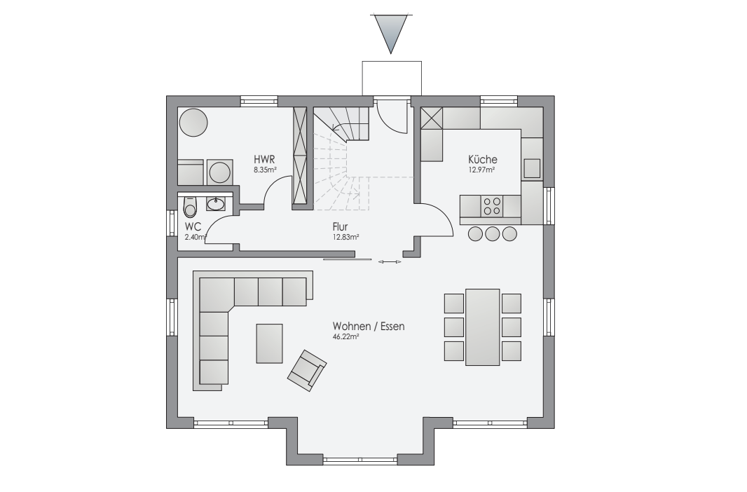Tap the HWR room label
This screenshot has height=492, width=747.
(x=264, y=160)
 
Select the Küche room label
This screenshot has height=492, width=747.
(x=482, y=160)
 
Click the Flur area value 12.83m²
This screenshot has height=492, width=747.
(x=345, y=237)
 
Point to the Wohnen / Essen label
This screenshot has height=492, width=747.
(x=369, y=327)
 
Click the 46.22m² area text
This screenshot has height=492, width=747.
(x=345, y=336)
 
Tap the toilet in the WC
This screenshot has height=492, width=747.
(x=190, y=207)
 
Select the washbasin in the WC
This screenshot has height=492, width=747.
(x=216, y=205)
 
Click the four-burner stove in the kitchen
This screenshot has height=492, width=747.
(x=493, y=206)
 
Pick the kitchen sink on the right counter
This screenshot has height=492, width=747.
(x=532, y=168)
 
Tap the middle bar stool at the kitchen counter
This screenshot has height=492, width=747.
(x=492, y=234)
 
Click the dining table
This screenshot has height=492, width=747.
(x=483, y=327)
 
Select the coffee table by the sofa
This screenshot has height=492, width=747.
(x=269, y=343)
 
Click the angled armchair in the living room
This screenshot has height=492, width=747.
(x=307, y=371)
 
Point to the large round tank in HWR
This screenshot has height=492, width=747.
(x=193, y=123)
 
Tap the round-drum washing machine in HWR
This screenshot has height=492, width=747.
(x=219, y=172)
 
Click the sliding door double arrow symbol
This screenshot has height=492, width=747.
(x=390, y=261)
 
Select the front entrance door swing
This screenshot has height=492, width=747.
(x=392, y=116)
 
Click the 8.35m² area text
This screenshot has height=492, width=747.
(x=266, y=169)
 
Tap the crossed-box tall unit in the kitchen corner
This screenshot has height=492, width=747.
(x=432, y=118)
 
